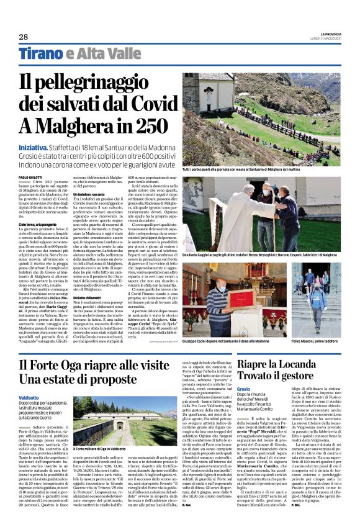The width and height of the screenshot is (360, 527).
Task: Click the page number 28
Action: (23, 37)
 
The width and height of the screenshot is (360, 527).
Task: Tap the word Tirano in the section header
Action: (41, 54)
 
